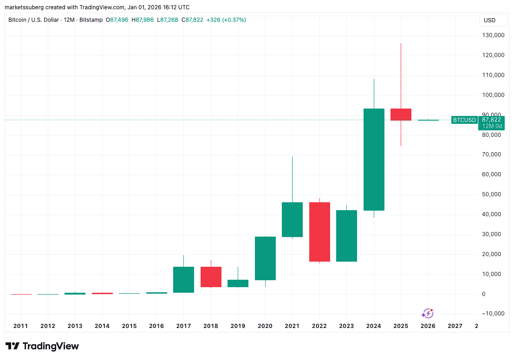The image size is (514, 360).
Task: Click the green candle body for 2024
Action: [374, 159]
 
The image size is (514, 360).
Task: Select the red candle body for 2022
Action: [319, 232]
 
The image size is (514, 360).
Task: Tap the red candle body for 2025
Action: [401, 114]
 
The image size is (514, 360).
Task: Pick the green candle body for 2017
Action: [183, 280]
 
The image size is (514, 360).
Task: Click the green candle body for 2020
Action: [265, 258]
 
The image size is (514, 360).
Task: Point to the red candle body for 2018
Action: [211, 277]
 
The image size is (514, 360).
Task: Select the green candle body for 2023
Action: [346, 236]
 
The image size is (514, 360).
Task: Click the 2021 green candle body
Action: [292, 219]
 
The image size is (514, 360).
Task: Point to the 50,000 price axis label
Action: [494, 194]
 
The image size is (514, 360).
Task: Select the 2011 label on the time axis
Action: [20, 326]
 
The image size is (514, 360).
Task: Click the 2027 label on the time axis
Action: [455, 326]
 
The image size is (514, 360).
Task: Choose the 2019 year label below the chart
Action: [238, 326]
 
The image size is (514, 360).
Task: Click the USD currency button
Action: [489, 20]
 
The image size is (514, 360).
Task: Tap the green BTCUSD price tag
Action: [464, 120]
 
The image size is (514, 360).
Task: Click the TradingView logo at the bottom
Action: [42, 346]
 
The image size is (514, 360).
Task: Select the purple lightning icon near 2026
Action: [427, 313]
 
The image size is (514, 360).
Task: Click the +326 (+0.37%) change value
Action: [226, 20]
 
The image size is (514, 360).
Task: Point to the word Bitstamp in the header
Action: [91, 20]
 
